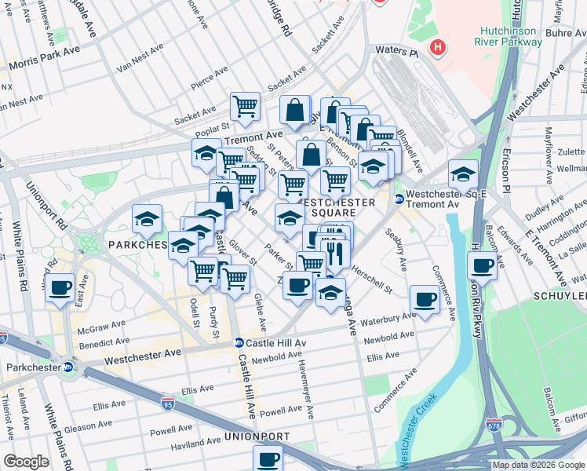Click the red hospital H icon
coord(437,48)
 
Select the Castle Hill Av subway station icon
coord(239,343)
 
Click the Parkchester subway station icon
coord(68,367)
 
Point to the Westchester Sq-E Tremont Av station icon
coord(399,199)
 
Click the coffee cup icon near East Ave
coord(60,288)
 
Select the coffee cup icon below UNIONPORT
coord(268,458)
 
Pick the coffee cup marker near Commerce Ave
coord(425,299)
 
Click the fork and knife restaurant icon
coord(334,253)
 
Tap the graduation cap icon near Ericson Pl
coord(463,173)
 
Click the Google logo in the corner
coord(26,461)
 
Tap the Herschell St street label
coord(372,278)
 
